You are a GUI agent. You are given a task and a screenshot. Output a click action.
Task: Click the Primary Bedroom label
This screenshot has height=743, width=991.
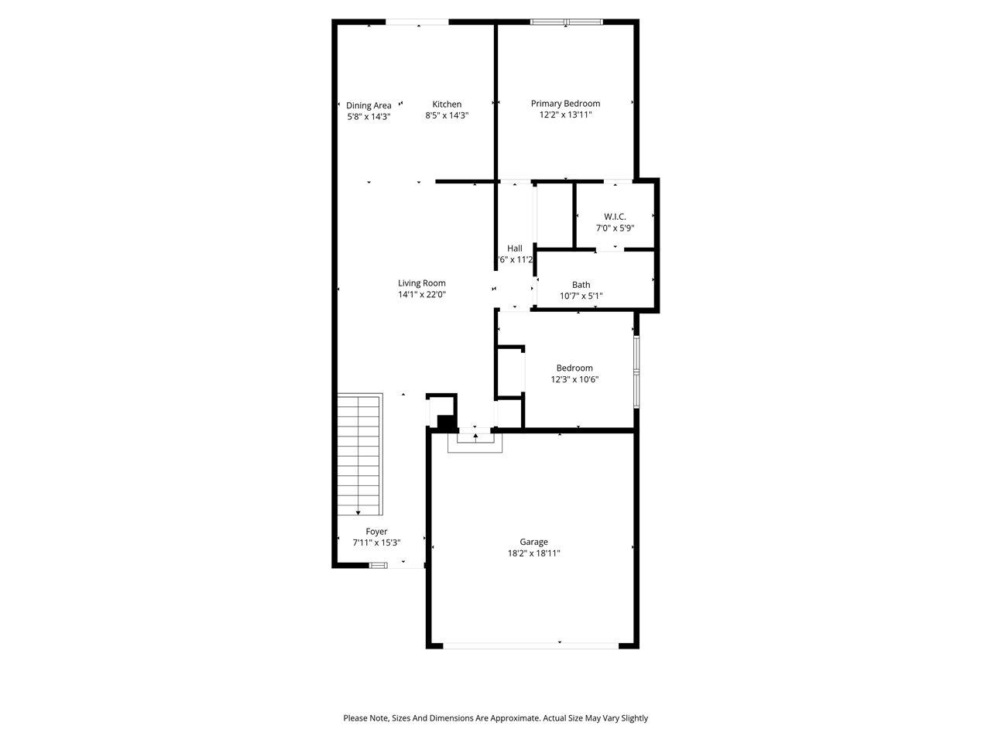[565, 104]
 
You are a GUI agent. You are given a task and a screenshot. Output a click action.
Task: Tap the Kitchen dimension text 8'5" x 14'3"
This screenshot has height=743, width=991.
[447, 115]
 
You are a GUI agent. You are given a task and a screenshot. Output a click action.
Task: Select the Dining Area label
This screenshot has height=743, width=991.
[369, 105]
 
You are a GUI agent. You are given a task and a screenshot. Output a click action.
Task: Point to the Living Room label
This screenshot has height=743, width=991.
[422, 283]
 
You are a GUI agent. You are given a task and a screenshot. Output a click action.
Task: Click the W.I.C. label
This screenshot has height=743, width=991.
[615, 217]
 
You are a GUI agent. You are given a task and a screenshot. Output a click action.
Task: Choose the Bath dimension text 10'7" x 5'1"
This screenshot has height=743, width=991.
[581, 296]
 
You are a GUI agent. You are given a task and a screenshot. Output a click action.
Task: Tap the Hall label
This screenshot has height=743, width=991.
[515, 248]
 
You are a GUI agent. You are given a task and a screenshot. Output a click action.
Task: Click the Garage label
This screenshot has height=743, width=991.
[533, 542]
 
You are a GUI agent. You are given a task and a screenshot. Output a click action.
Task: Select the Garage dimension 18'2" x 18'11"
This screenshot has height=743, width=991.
[533, 553]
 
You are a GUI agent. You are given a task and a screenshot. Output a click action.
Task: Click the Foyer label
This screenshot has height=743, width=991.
[376, 532]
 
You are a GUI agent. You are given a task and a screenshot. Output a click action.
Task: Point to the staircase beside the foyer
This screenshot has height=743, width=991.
[360, 454]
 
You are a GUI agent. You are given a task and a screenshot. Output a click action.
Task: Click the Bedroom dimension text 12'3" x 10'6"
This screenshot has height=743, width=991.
[574, 379]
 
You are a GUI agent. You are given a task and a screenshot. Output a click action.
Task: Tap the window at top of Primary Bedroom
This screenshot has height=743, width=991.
[566, 22]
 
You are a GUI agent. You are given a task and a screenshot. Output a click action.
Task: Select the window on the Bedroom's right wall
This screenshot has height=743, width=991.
[636, 371]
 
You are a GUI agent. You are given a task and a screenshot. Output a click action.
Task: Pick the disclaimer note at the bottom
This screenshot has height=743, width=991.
[495, 718]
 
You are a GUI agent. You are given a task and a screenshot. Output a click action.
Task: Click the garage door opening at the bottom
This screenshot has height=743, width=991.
[531, 644]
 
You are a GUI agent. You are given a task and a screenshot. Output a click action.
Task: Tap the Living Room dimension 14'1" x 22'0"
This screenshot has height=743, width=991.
[422, 294]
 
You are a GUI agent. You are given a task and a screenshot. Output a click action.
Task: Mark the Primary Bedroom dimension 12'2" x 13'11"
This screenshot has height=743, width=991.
[565, 115]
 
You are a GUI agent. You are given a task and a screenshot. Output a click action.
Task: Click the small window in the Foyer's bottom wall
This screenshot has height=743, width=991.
[378, 566]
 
